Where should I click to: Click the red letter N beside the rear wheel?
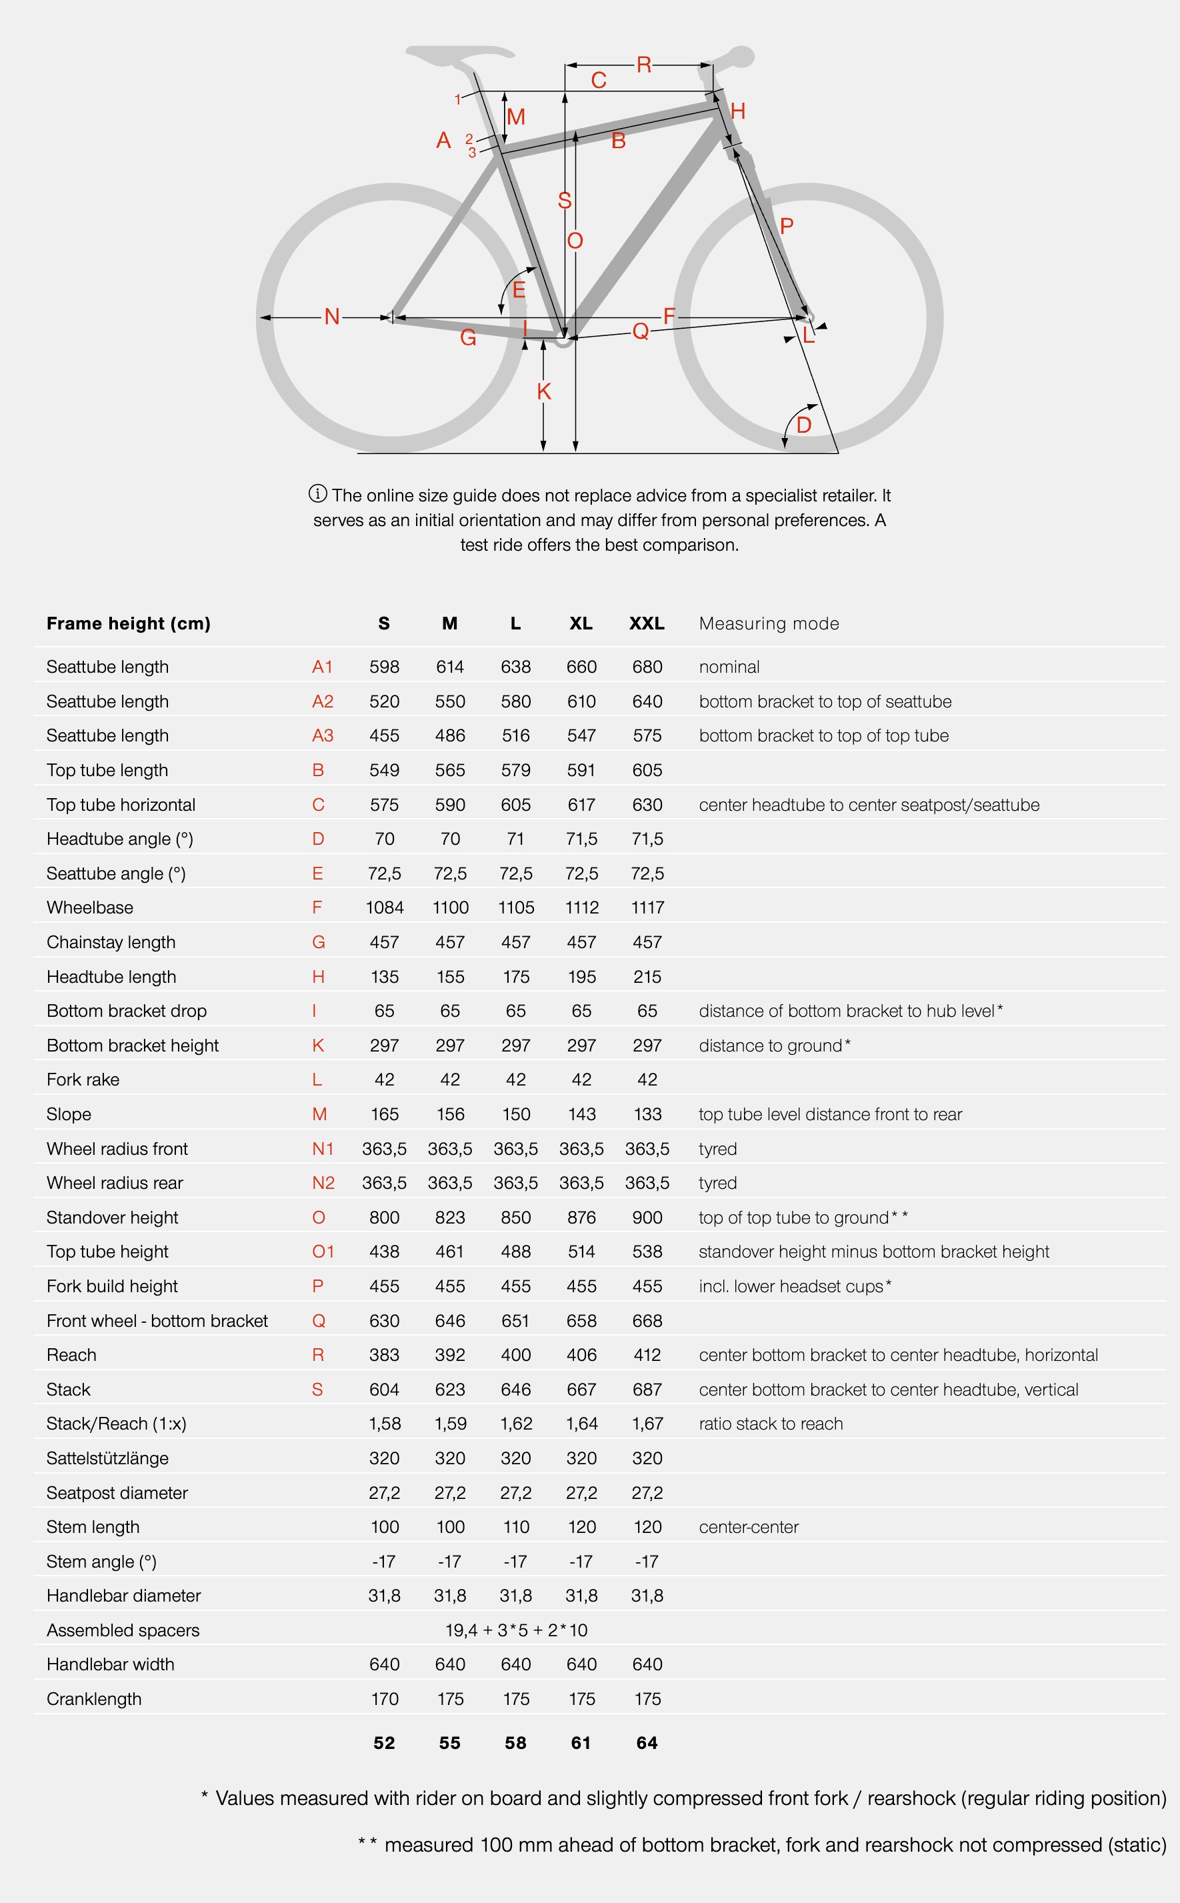tap(332, 317)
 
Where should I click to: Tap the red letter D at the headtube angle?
tap(804, 425)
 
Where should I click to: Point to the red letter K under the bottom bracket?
tap(544, 392)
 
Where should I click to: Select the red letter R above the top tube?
tap(644, 65)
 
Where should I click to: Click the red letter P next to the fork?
tap(787, 226)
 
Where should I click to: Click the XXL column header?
tap(647, 623)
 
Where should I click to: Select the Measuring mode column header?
tap(769, 623)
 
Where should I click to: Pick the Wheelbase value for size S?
tap(384, 907)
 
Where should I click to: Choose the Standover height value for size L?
tap(516, 1218)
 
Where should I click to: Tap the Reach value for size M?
tap(450, 1355)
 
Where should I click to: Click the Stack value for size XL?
tap(581, 1390)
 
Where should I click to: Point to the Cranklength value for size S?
tap(384, 1699)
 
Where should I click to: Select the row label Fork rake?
tap(83, 1080)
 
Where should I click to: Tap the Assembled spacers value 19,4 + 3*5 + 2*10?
tap(516, 1630)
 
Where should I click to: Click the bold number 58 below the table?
tap(516, 1743)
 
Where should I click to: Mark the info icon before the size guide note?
tap(317, 493)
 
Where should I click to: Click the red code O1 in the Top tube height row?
tap(323, 1252)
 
